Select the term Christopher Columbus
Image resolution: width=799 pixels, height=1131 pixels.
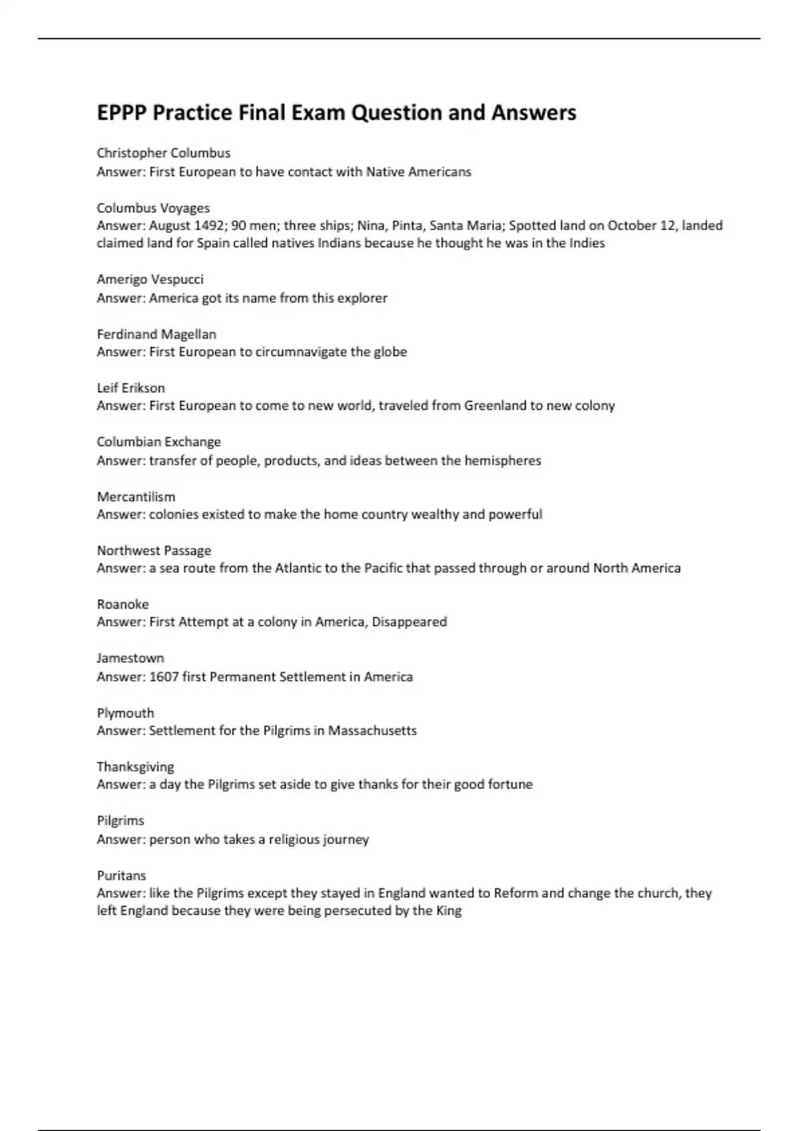pos(164,153)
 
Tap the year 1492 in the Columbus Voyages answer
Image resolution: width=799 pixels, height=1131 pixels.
pos(209,226)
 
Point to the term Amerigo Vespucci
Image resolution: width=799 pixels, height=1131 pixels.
pos(150,279)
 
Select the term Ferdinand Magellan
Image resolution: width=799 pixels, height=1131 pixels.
pos(156,334)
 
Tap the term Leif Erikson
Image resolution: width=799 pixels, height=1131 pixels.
pos(131,388)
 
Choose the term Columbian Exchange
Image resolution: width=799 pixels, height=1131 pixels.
pos(158,442)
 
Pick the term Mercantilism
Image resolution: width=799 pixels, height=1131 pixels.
pos(136,497)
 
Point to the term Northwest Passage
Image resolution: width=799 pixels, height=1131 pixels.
pos(154,551)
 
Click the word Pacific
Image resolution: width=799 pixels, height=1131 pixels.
pos(382,568)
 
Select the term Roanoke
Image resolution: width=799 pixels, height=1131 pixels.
pos(123,605)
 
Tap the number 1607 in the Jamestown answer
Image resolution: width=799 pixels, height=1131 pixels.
pos(164,677)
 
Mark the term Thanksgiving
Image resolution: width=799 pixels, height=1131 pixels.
pos(135,767)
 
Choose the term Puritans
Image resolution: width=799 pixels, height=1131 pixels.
pos(121,876)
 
